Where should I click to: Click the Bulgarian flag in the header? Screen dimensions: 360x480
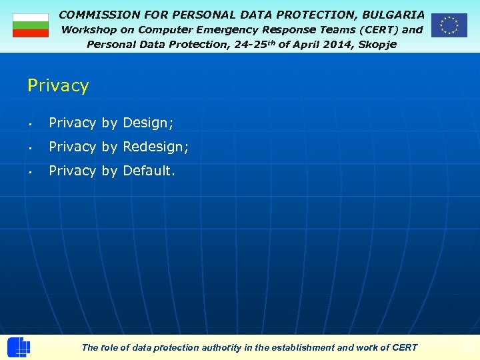click(x=31, y=25)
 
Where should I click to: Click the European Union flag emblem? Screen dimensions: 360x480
click(x=449, y=25)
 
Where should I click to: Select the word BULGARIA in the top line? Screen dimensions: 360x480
click(x=393, y=14)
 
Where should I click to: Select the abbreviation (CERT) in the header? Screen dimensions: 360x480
click(x=378, y=29)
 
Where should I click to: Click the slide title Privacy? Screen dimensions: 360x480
click(x=58, y=85)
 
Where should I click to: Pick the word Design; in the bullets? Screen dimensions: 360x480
click(x=148, y=123)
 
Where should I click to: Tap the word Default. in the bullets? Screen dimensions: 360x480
click(x=149, y=171)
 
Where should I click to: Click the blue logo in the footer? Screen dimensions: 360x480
click(x=19, y=347)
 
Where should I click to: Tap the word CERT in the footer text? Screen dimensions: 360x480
click(x=405, y=347)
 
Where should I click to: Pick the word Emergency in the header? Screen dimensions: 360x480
click(x=222, y=29)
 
